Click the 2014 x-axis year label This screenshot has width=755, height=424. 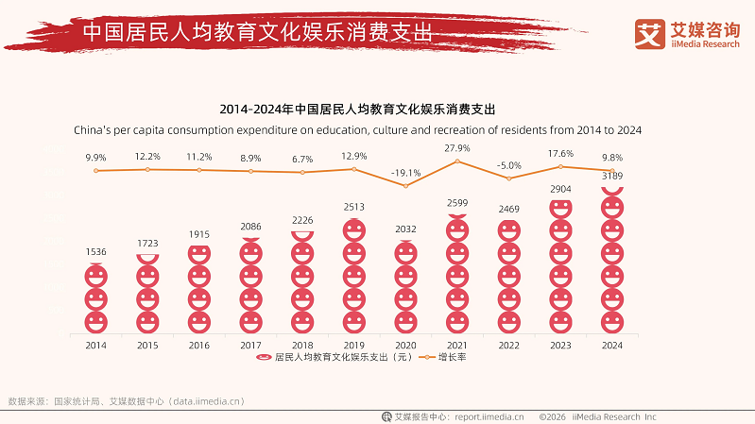(x=95, y=346)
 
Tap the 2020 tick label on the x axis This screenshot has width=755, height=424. (x=405, y=346)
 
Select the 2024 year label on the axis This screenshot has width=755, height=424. (x=612, y=346)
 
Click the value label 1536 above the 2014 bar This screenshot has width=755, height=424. (x=95, y=252)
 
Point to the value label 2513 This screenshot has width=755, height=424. (x=353, y=207)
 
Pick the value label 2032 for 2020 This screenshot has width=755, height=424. (x=405, y=228)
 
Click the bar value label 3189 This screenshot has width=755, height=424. (x=612, y=176)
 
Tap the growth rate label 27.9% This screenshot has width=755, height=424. (x=457, y=148)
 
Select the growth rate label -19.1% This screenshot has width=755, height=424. (x=405, y=173)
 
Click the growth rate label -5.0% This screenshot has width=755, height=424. (x=508, y=165)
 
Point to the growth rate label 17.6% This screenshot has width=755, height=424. (x=560, y=154)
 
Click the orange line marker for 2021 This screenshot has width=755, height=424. (x=457, y=161)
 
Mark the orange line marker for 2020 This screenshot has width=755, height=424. (x=405, y=186)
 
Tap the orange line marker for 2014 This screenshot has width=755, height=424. (x=95, y=170)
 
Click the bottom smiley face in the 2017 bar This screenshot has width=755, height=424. (x=250, y=322)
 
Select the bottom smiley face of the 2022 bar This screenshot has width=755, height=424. (x=508, y=322)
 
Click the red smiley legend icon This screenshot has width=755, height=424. (x=265, y=359)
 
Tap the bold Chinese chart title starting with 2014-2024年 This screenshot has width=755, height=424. (x=356, y=110)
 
